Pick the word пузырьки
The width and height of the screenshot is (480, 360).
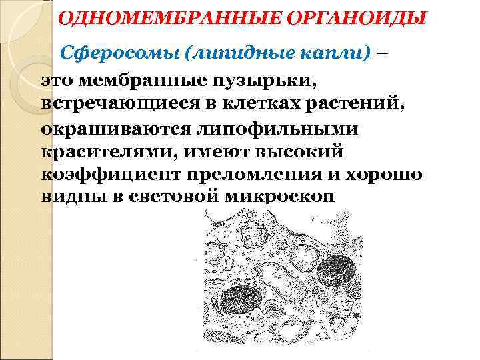[x=253, y=82]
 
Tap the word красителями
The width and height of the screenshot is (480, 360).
[x=99, y=152]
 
